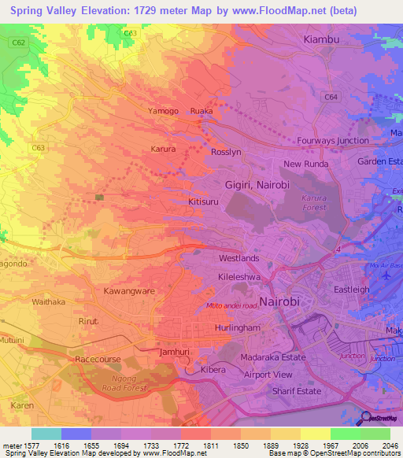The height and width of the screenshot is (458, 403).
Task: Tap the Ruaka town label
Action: point(201,112)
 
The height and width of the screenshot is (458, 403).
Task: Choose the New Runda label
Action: point(304,164)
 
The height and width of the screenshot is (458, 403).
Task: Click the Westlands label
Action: point(238,258)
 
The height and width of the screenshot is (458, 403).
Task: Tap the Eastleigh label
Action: point(351,290)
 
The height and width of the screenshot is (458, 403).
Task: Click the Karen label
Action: point(21,406)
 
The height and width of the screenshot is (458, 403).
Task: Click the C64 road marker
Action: point(331,98)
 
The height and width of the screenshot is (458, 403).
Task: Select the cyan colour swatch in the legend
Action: point(46,434)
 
